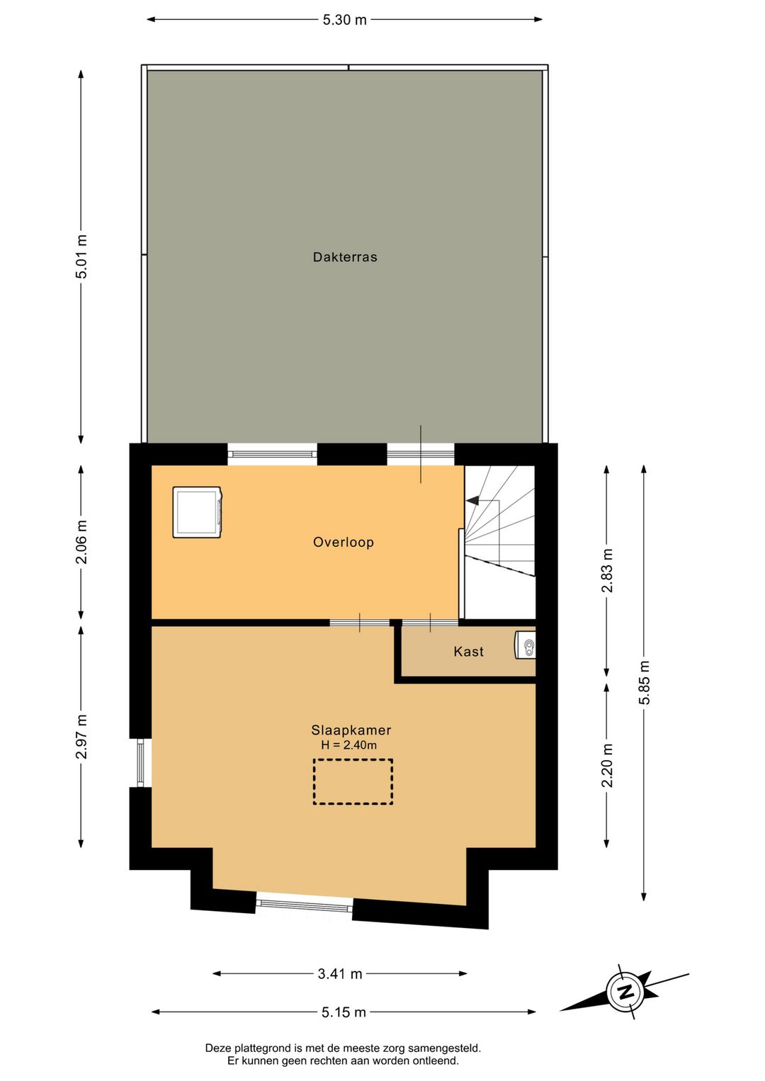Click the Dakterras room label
345,256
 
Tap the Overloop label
343,543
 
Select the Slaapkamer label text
351,730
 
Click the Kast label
468,652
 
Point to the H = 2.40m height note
349,745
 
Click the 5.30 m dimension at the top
345,20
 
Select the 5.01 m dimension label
81,256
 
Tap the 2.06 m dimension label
81,542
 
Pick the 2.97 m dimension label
81,737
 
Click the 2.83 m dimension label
607,570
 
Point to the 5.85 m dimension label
644,682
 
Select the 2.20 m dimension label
607,765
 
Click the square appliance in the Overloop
198,512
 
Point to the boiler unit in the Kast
525,646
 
